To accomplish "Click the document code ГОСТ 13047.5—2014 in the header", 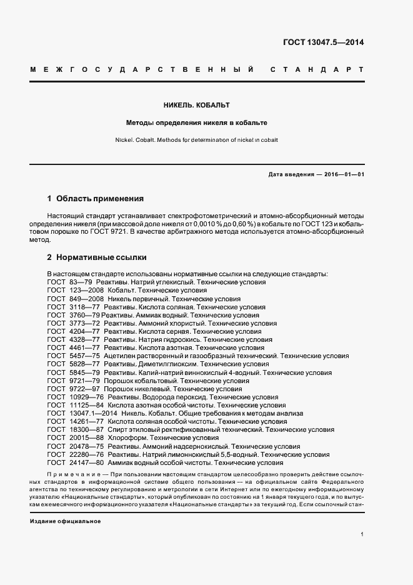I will (x=323, y=43).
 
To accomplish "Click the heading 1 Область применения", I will (x=96, y=199).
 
